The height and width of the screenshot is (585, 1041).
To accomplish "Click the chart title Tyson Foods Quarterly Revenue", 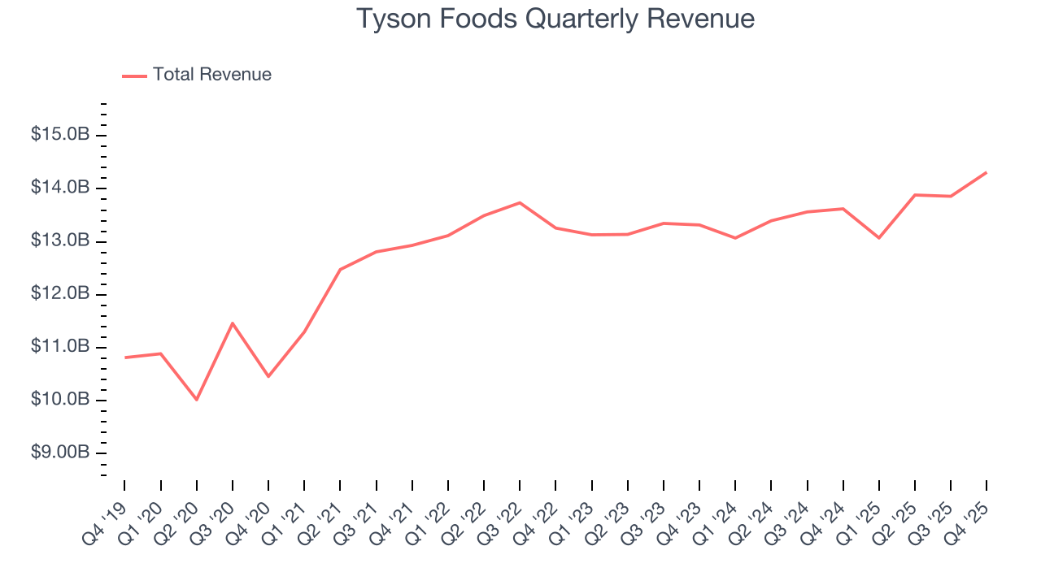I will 555,19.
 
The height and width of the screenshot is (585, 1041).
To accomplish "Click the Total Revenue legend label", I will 211,75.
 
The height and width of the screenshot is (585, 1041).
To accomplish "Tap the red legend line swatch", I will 134,76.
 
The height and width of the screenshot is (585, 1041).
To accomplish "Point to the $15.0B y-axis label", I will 60,135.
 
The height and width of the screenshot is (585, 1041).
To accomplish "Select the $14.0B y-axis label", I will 60,188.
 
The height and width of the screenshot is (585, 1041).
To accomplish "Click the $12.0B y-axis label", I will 60,294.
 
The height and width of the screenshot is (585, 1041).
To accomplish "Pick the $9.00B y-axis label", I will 60,453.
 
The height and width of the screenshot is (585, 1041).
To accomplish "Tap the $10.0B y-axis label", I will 60,400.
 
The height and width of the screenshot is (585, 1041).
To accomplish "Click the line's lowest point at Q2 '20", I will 197,400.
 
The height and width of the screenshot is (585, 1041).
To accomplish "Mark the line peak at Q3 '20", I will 233,323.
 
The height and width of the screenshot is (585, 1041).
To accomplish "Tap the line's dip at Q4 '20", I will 268,376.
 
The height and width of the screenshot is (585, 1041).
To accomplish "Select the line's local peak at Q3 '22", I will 520,202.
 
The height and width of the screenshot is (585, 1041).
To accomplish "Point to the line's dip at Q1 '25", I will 879,238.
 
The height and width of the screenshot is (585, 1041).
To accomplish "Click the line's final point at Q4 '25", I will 987,172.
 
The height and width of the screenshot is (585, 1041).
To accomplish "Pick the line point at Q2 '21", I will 340,269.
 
